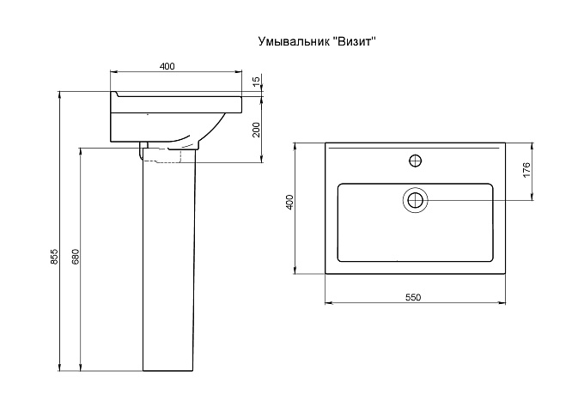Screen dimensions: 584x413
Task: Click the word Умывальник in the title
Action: coord(293,41)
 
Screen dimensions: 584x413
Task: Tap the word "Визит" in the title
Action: coord(353,40)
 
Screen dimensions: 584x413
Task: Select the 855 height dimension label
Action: coord(54,257)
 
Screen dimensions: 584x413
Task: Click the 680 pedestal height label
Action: coord(76,257)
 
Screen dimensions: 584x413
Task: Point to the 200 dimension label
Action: coord(256,130)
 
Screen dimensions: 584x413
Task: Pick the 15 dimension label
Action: coord(256,82)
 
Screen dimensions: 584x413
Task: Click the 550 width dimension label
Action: coord(413,297)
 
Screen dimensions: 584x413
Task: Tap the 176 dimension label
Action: coord(526,170)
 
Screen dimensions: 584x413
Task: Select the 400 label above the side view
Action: coord(167,66)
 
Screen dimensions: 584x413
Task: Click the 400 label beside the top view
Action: coord(291,202)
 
